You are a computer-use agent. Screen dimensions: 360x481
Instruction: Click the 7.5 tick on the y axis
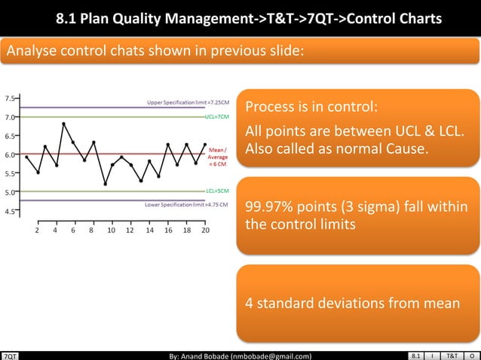click(x=10, y=99)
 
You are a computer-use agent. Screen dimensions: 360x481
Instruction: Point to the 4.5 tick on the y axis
click(x=10, y=211)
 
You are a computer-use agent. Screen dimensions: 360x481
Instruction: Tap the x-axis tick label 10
click(x=112, y=231)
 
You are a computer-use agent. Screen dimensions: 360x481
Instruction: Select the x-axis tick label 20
click(x=205, y=231)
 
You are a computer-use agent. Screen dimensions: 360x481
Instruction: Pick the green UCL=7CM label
click(x=216, y=117)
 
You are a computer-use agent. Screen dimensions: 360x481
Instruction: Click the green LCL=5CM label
click(x=216, y=192)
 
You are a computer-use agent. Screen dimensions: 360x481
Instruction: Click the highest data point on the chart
click(x=64, y=124)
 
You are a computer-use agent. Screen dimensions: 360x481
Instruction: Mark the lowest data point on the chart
click(x=105, y=183)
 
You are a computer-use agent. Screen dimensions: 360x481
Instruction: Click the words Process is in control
click(x=312, y=105)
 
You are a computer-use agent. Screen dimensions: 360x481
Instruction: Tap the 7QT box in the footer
click(x=10, y=355)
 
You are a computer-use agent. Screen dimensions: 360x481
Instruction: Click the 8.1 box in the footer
click(x=417, y=355)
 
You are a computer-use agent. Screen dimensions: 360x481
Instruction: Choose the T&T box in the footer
click(x=452, y=355)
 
